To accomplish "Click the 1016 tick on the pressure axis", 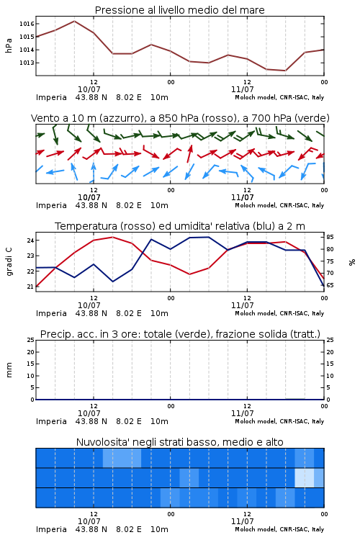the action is (27, 24).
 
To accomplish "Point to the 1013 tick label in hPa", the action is (27, 63).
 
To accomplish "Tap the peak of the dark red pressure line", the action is (74, 21).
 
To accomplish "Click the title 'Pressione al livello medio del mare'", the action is (180, 10).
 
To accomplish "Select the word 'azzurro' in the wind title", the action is (120, 118).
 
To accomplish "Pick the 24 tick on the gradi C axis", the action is (30, 240).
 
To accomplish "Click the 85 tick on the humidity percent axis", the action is (330, 237).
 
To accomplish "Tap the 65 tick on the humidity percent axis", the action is (330, 285).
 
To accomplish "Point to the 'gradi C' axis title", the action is (9, 262).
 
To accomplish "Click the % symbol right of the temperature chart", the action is (352, 262).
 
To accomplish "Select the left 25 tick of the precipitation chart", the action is (30, 340).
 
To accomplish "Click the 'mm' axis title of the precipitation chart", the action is (9, 370).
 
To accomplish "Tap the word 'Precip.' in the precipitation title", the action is (53, 334).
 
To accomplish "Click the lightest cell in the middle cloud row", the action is (304, 477).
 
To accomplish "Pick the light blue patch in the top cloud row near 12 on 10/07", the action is (122, 458).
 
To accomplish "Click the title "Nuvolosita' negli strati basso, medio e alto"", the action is (180, 442).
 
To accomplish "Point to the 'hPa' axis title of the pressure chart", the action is (9, 45).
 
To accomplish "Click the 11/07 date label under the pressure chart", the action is (242, 89).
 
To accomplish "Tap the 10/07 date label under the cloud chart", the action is (89, 521).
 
